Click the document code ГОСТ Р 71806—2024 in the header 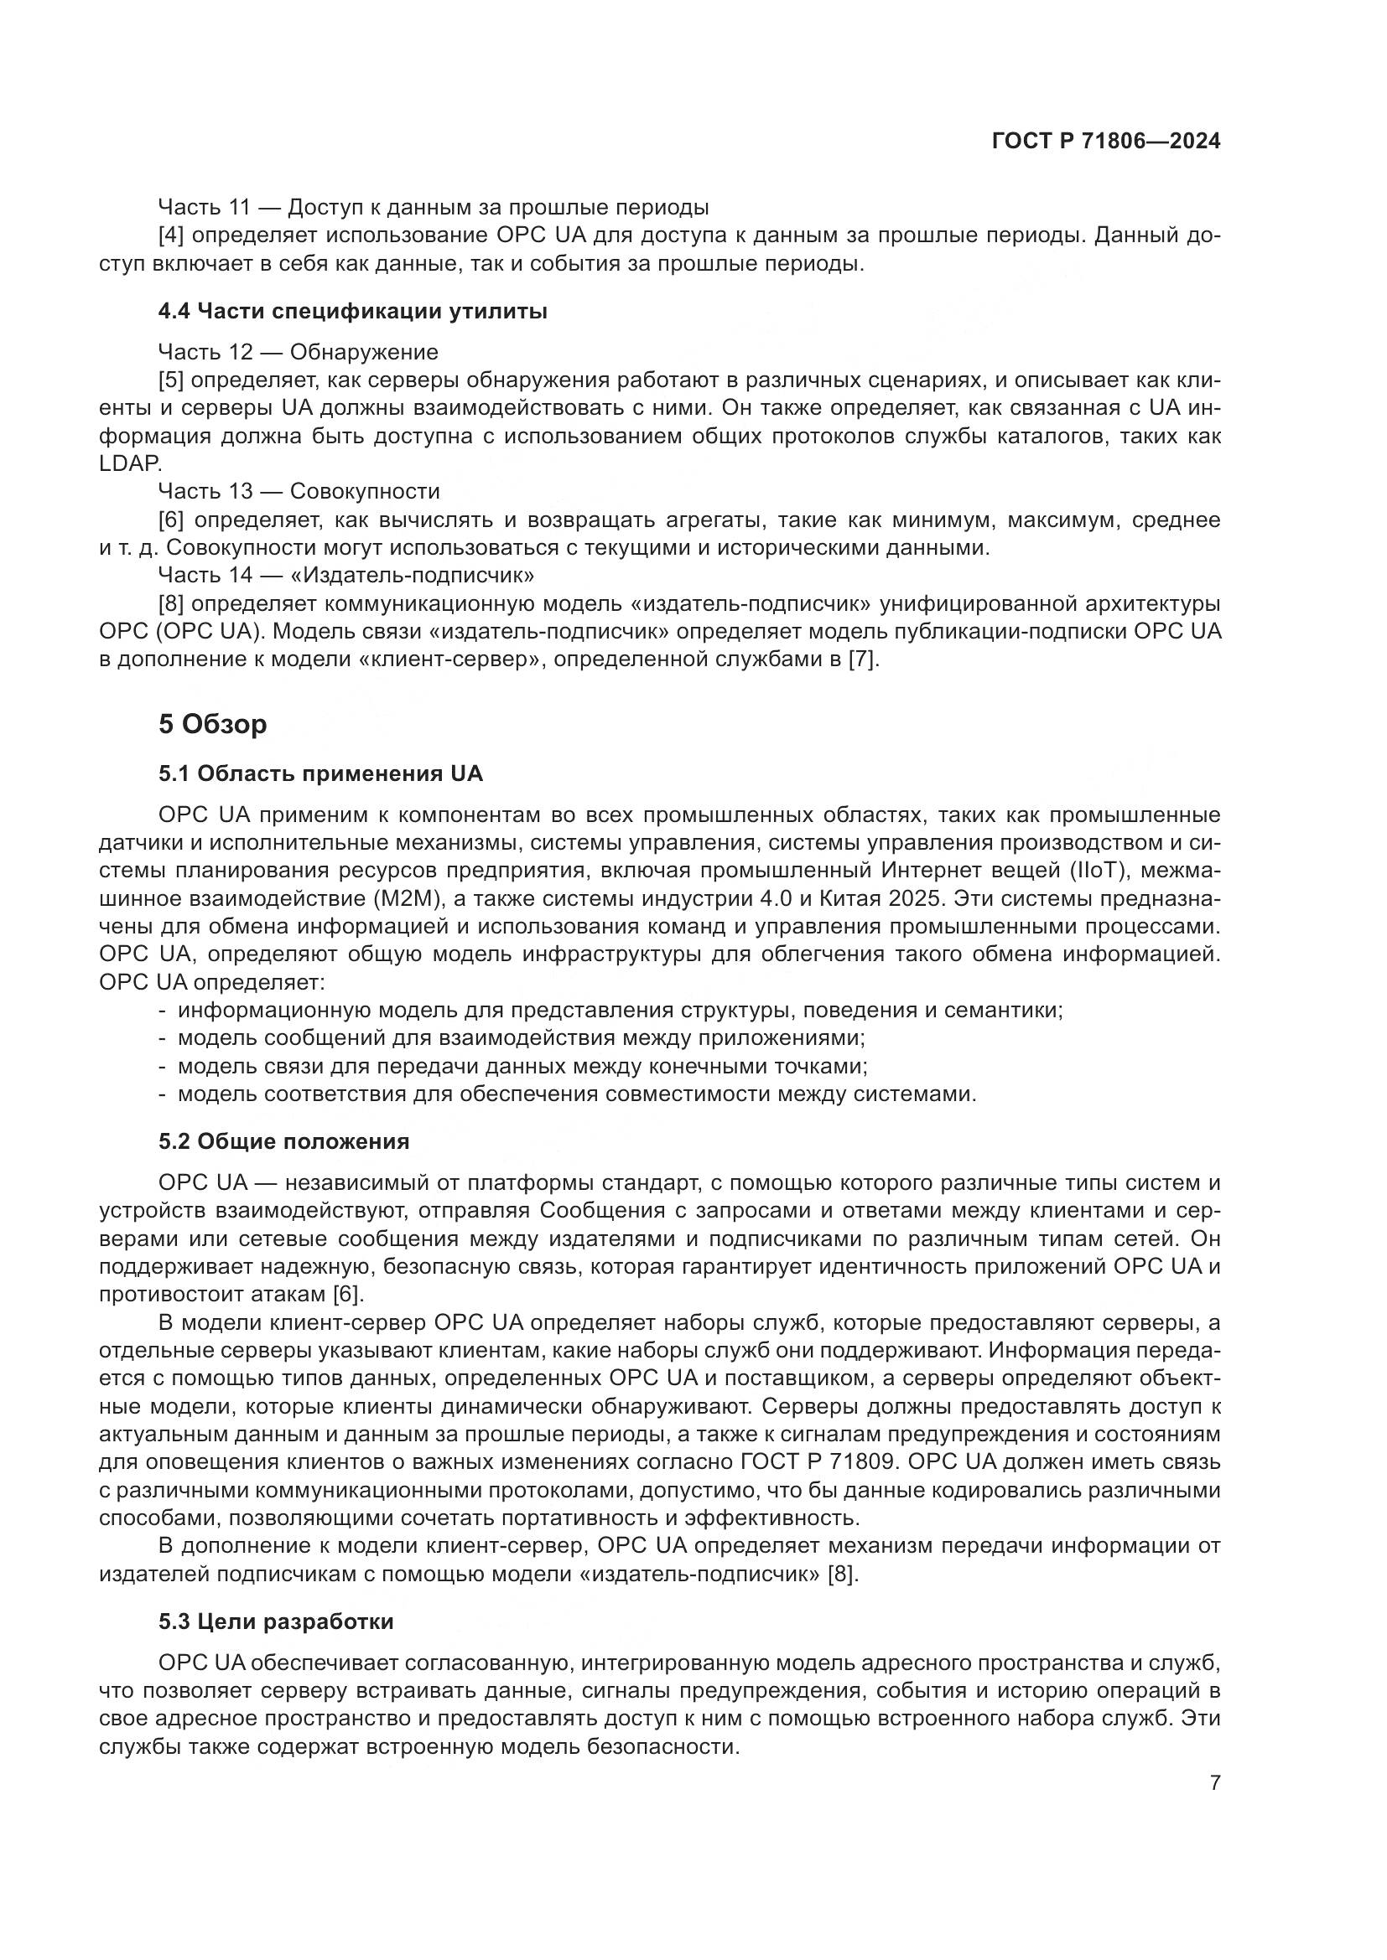[x=1106, y=142]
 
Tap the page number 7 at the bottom [x=1214, y=1782]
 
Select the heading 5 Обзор [x=213, y=724]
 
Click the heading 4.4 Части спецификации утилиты [x=353, y=312]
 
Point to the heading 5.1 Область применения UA [x=320, y=773]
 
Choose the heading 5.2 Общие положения [x=283, y=1141]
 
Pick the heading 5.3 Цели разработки [x=276, y=1621]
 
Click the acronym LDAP [x=130, y=463]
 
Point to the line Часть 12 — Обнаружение [x=298, y=352]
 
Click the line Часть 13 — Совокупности [x=299, y=491]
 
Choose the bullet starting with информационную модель [x=619, y=1011]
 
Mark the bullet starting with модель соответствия [x=576, y=1094]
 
